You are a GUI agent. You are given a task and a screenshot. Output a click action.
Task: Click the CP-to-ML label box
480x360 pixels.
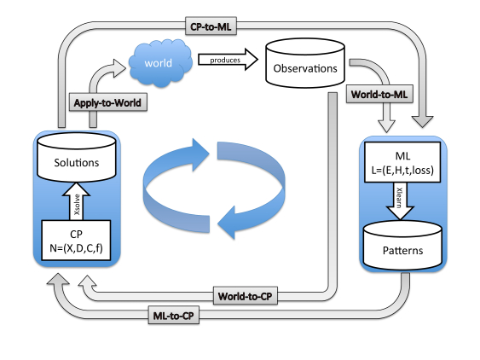coord(211,26)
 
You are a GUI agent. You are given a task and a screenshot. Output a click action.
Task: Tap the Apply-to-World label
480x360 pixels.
coord(107,102)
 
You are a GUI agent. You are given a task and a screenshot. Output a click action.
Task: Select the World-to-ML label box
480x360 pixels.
coord(379,94)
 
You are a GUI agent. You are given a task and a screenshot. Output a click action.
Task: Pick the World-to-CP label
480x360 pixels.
coord(246,296)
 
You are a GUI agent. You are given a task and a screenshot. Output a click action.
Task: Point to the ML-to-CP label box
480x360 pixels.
coord(174,315)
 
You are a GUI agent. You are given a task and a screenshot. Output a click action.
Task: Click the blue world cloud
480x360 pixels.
coord(160,63)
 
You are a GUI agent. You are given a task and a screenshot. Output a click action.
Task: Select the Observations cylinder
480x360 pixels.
coord(305,63)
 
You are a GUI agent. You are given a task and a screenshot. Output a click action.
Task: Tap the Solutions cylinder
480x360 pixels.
coord(76,157)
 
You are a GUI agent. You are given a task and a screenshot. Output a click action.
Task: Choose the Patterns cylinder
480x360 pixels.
coord(402,246)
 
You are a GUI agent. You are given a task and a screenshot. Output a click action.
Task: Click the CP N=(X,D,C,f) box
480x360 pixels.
coord(76,241)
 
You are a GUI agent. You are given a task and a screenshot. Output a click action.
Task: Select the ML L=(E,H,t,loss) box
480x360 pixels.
coord(402,162)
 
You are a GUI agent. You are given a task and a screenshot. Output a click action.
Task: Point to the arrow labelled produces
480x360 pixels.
coord(228,60)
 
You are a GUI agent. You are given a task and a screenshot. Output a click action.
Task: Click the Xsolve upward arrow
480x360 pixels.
coord(76,201)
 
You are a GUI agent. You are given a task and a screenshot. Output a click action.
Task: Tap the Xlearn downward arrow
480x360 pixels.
coord(400,201)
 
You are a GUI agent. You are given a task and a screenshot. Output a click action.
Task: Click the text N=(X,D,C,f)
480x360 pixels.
coord(76,247)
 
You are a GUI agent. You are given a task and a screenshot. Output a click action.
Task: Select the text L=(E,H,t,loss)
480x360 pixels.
coord(402,170)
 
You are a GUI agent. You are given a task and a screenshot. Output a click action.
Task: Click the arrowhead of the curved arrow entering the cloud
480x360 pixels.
coord(119,68)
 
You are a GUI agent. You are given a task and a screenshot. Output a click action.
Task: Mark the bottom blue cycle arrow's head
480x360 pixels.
coord(226,223)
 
